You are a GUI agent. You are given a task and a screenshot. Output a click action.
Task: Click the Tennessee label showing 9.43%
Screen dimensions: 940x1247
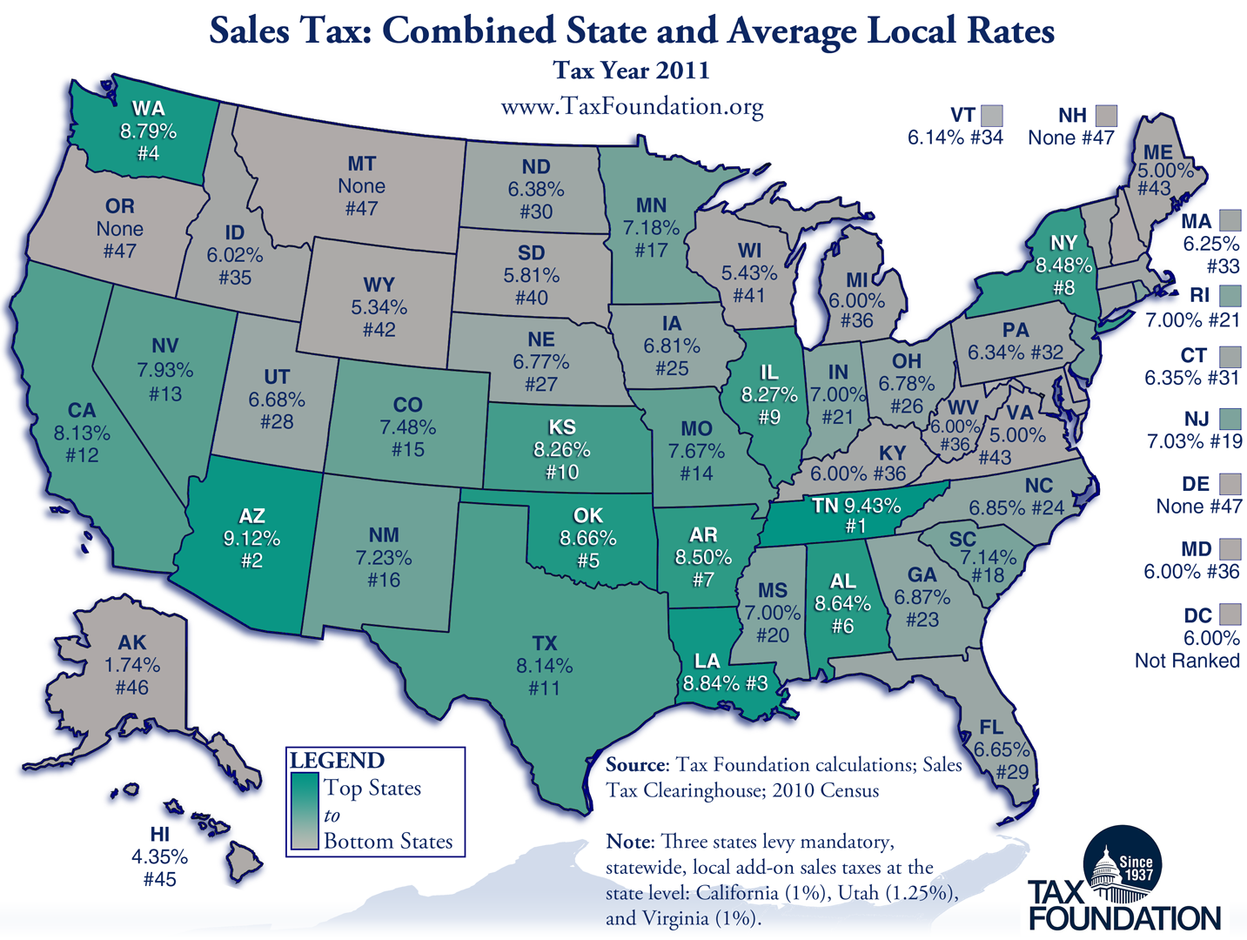point(857,506)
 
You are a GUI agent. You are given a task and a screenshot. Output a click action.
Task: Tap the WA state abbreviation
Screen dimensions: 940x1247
point(148,109)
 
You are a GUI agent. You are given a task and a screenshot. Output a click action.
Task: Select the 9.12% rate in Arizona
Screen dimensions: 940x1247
point(251,539)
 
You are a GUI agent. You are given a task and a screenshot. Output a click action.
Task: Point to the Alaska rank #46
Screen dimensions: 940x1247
point(132,688)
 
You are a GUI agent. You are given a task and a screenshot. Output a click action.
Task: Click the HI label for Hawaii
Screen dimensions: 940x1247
point(159,834)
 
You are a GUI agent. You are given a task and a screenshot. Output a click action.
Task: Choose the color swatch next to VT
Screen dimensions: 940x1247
point(991,116)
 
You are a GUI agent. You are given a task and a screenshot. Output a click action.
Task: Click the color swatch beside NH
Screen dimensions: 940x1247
point(1106,116)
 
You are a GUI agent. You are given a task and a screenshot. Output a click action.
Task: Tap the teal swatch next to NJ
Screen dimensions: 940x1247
point(1230,419)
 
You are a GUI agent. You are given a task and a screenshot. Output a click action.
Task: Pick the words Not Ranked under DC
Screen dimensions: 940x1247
point(1187,661)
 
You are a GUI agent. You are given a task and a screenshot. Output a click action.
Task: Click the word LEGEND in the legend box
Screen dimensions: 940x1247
point(337,761)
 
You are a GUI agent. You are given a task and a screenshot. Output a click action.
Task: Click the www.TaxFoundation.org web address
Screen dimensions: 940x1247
point(632,106)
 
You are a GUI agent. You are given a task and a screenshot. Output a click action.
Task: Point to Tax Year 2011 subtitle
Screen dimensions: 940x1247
point(632,70)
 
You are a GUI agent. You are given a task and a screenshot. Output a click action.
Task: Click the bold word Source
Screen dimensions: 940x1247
point(635,765)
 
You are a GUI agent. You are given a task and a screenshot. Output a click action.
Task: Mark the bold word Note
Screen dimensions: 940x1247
point(628,842)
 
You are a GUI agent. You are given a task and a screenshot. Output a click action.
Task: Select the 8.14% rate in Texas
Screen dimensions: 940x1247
point(544,666)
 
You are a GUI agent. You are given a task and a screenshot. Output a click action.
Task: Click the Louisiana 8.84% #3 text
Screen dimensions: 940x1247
point(725,683)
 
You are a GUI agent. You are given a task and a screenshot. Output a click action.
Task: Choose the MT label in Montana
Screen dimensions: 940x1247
point(361,164)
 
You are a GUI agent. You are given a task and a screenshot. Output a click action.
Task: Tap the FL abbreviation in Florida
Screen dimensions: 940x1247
point(990,727)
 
